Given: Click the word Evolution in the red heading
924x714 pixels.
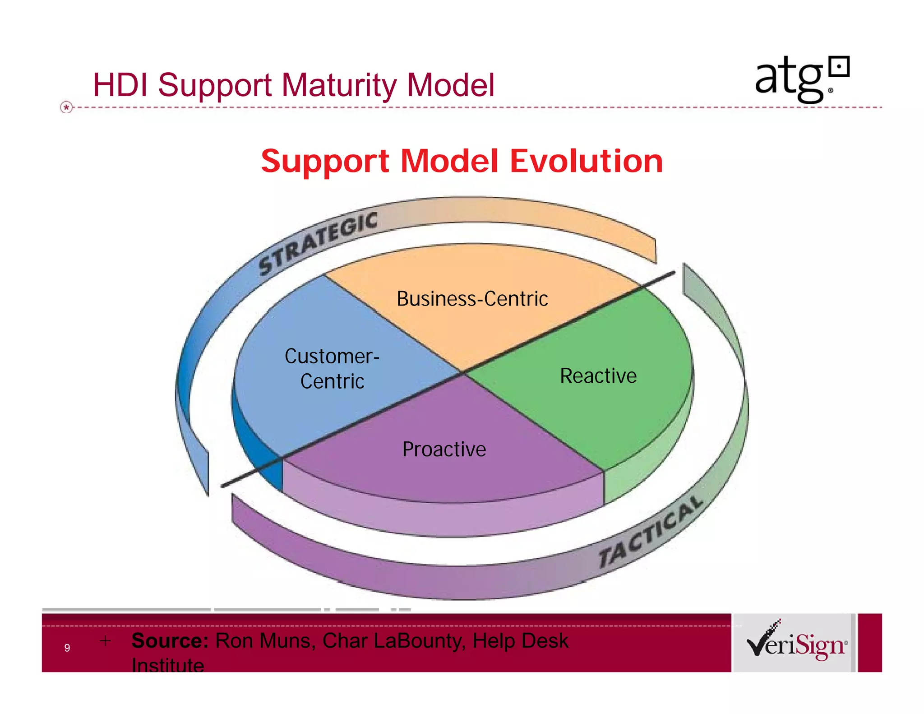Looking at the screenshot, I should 586,161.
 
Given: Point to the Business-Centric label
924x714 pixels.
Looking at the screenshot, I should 472,299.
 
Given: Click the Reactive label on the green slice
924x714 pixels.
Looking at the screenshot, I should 598,376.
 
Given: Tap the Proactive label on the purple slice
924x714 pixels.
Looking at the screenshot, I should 444,450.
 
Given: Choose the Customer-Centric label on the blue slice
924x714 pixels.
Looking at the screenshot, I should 332,369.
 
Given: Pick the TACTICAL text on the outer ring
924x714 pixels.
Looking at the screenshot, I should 650,533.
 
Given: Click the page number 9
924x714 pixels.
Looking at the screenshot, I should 67,648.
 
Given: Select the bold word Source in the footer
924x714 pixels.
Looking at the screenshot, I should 170,641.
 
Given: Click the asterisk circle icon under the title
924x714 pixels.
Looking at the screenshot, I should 66,107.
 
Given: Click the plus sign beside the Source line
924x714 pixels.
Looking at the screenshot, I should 105,641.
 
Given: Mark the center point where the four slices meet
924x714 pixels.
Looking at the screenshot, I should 463,372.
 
